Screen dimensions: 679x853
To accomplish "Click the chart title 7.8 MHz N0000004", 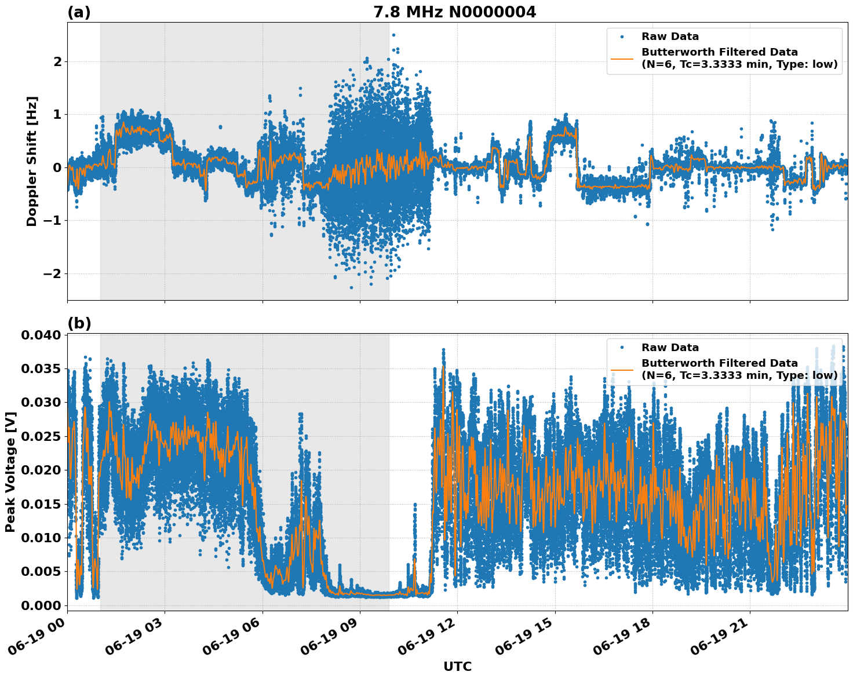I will [454, 12].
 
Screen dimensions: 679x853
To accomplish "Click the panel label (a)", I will [79, 12].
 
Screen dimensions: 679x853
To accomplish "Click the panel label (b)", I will [79, 323].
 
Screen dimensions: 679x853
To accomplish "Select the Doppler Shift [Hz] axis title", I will [32, 161].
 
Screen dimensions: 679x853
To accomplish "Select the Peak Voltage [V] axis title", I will [10, 472].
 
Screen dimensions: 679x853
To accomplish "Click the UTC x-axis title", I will [457, 666].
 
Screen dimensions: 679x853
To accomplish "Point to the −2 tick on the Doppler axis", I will [52, 273].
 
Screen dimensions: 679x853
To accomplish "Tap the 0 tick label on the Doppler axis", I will [57, 167].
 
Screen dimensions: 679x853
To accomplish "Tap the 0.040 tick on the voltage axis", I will [41, 335].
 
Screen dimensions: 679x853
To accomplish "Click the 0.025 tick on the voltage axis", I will [41, 436].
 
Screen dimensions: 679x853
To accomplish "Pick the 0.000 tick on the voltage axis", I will [41, 605].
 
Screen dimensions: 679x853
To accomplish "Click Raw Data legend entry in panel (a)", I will [670, 36].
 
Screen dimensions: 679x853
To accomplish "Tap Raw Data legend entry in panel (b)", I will [670, 348].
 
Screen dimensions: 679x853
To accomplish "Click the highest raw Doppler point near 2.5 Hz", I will [393, 35].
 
